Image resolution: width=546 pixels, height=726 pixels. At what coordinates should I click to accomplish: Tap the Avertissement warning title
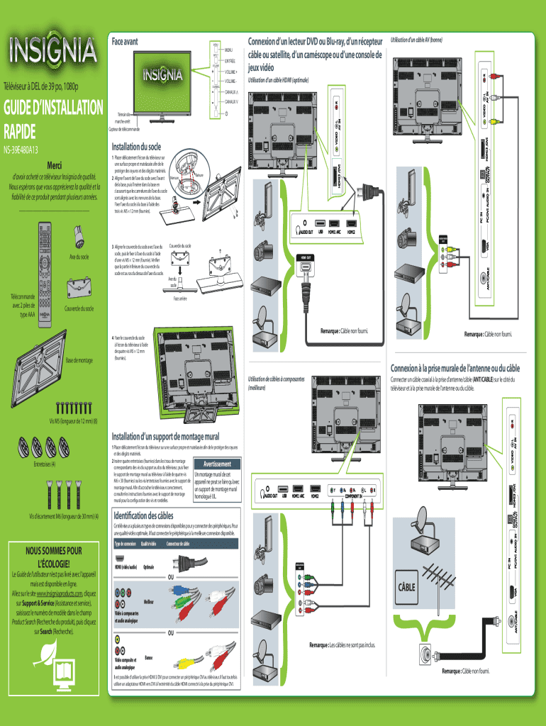coord(223,464)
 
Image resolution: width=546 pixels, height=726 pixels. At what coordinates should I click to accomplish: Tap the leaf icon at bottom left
coord(50,652)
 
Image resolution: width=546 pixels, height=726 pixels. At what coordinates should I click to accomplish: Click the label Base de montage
coord(79,360)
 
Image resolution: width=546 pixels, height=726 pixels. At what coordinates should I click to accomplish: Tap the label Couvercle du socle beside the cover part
coord(79,308)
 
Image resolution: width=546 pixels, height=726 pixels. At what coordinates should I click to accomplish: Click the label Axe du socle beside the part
coord(78,256)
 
